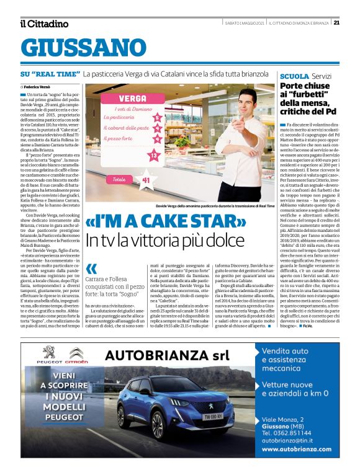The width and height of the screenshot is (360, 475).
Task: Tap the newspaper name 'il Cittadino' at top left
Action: [x=43, y=24]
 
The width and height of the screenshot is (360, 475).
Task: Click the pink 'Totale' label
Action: [x=118, y=179]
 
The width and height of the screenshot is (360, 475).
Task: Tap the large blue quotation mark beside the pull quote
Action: [x=92, y=269]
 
